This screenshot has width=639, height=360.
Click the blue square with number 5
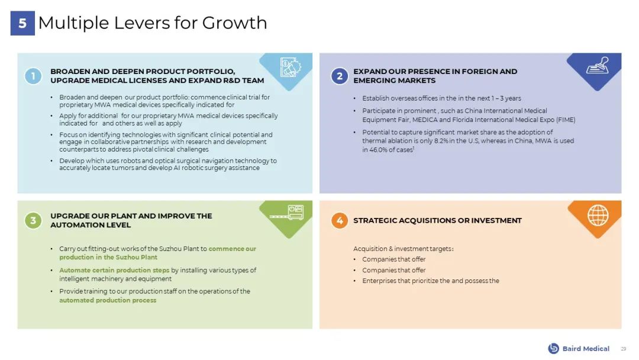[x=22, y=23]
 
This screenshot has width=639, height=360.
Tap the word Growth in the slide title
[x=234, y=23]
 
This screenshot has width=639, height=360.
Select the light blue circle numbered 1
[x=33, y=76]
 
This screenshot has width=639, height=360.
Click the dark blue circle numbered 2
[x=340, y=76]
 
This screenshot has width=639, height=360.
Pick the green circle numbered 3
[x=33, y=221]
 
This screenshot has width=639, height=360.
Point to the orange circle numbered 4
[x=340, y=221]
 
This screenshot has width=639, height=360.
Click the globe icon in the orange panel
[x=598, y=215]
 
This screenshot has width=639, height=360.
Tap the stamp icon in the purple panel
[x=598, y=65]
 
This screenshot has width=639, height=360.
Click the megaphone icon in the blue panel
[x=291, y=67]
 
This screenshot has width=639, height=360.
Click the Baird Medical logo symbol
[x=553, y=348]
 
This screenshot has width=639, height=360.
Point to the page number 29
[x=624, y=349]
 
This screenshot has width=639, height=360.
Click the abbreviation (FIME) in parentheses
[x=566, y=120]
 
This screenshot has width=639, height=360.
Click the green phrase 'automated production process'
[x=108, y=300]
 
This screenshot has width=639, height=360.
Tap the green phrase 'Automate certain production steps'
[x=114, y=271]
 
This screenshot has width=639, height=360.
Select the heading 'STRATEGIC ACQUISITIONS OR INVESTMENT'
[x=437, y=221]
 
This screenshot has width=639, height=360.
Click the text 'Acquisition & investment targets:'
[x=404, y=249]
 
